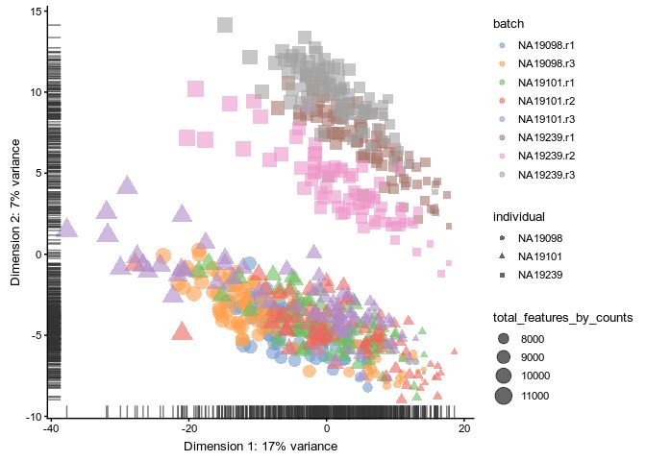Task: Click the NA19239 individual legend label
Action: click(x=539, y=276)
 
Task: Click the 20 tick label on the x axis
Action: click(x=465, y=428)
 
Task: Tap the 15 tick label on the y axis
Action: click(x=37, y=12)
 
